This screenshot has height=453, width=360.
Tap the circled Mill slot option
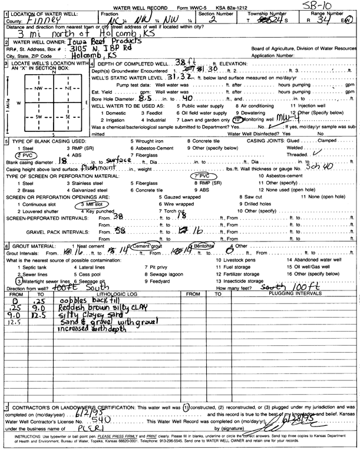point(87,203)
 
